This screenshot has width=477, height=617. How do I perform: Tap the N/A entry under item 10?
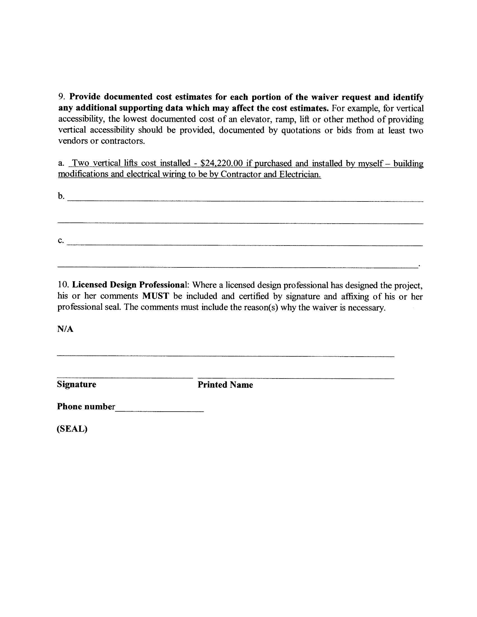pyautogui.click(x=65, y=329)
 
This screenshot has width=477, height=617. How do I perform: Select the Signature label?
pyautogui.click(x=77, y=384)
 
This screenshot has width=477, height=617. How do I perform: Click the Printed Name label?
pyautogui.click(x=225, y=385)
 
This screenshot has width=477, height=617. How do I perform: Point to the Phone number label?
pyautogui.click(x=86, y=407)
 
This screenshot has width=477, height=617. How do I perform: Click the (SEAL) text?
pyautogui.click(x=72, y=429)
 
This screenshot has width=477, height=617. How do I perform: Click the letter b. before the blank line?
pyautogui.click(x=61, y=196)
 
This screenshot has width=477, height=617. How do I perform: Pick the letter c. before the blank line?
pyautogui.click(x=61, y=240)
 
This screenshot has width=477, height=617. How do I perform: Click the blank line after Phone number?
pyautogui.click(x=160, y=410)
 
